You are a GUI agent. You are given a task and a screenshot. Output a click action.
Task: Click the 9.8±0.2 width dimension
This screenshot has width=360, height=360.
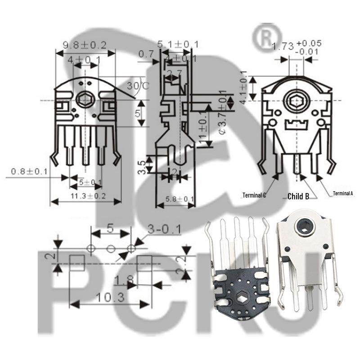coord(84,45)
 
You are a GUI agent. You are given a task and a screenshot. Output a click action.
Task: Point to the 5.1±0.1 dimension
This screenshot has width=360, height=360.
coord(178,44)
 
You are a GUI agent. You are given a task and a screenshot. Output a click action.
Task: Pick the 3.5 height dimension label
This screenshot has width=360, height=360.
coord(141,165)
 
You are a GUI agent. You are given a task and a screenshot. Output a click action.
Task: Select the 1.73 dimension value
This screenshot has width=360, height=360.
coord(283,45)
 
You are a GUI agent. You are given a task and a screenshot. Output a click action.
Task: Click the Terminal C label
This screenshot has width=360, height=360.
coord(254,195)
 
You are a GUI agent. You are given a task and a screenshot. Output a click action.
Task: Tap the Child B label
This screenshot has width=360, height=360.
coord(298,196)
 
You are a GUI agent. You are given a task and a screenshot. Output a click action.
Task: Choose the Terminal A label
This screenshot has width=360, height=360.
coord(343,193)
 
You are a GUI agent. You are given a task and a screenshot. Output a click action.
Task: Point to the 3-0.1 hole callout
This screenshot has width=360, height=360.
coord(164,229)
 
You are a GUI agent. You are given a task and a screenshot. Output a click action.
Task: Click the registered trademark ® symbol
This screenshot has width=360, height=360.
coord(267,38)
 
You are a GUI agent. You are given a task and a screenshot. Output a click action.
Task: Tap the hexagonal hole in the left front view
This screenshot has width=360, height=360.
coord(84,99)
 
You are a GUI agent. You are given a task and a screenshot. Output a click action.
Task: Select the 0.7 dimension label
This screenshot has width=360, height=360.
coord(146,54)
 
